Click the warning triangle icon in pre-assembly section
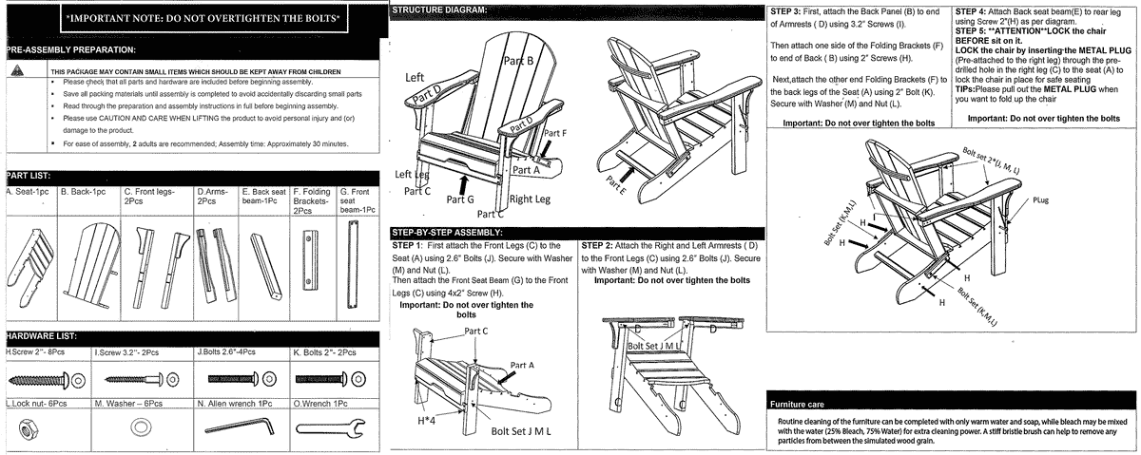point(15,71)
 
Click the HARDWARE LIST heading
point(44,336)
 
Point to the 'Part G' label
point(460,199)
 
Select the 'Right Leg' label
point(533,199)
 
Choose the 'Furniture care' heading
point(800,405)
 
